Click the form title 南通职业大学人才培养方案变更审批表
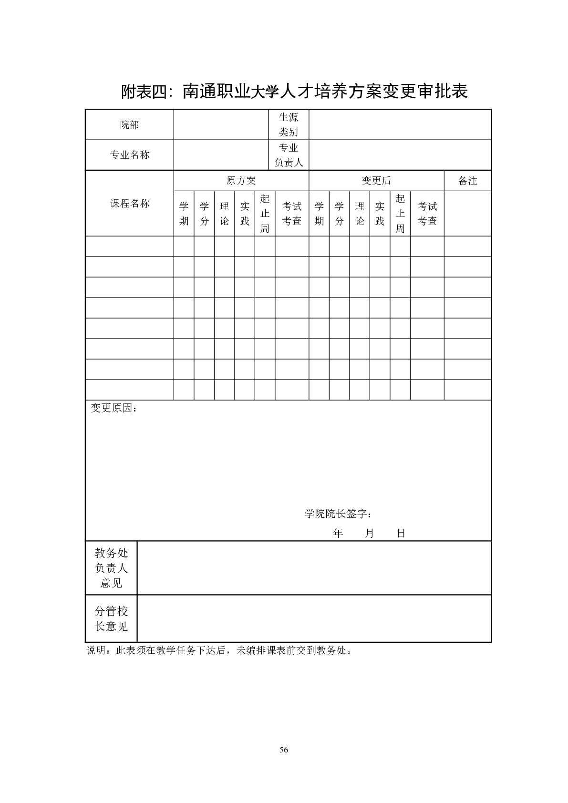click(294, 91)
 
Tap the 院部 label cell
click(129, 125)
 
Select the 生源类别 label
click(289, 125)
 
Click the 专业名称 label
click(129, 155)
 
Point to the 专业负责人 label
click(289, 155)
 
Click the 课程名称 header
click(129, 204)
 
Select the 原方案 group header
click(241, 181)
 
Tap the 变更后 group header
click(376, 181)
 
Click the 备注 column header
click(467, 181)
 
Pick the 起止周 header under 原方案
click(265, 214)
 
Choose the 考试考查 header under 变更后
click(427, 214)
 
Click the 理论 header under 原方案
click(224, 214)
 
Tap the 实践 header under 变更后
click(380, 214)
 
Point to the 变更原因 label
click(114, 409)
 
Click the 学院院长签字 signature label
click(338, 514)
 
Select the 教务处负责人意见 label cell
click(111, 568)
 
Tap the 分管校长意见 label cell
click(111, 618)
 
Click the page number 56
click(284, 750)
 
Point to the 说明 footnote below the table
click(219, 650)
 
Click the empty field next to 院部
click(220, 125)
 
